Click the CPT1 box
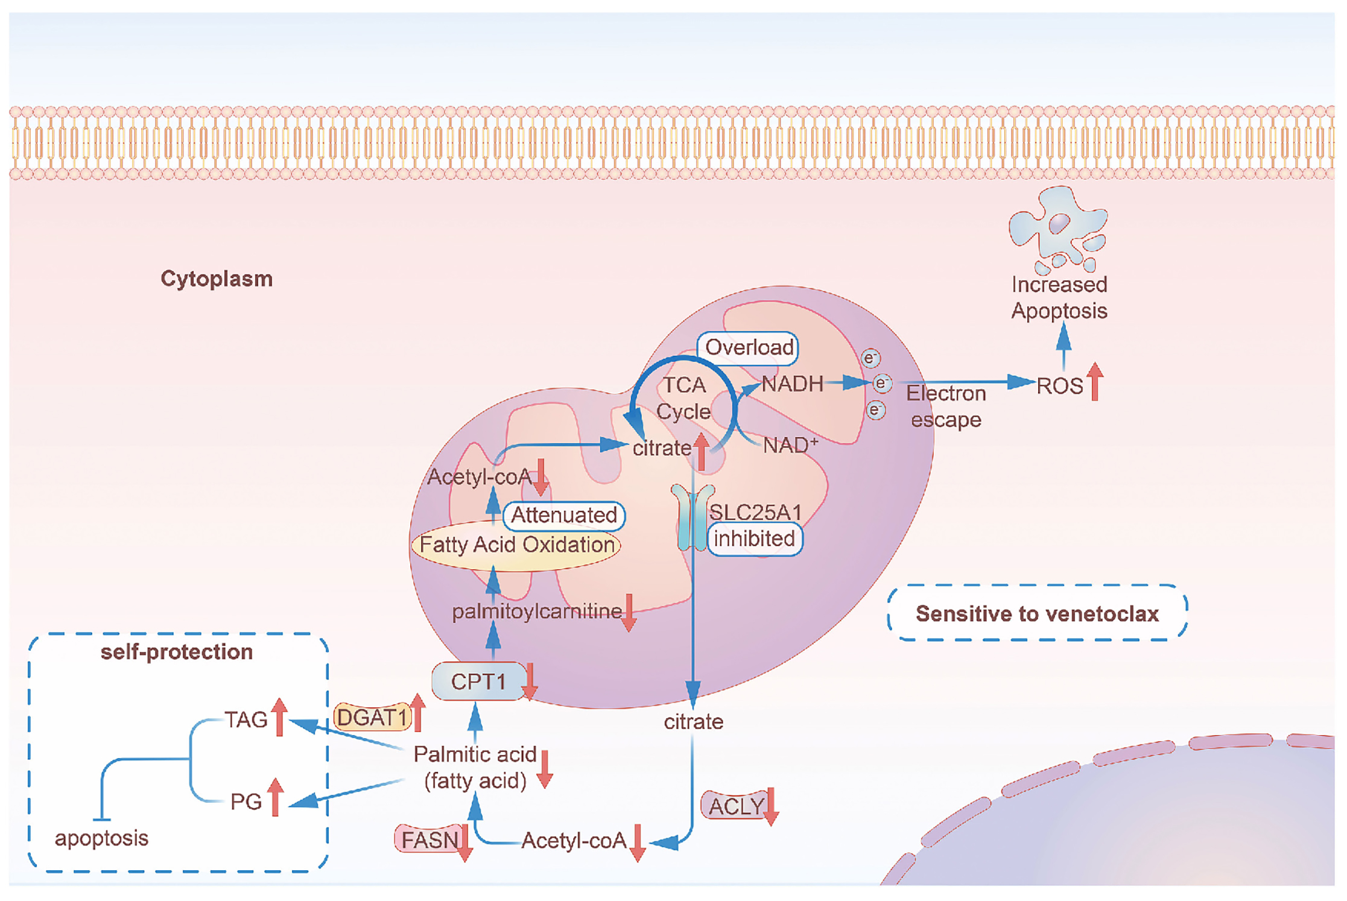[x=478, y=681]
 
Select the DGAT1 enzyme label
[x=372, y=718]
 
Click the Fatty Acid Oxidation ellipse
[x=516, y=545]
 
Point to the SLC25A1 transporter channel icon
[x=693, y=518]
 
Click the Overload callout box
[x=749, y=348]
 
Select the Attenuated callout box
[x=564, y=516]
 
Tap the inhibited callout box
[x=754, y=539]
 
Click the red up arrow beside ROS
[x=1095, y=382]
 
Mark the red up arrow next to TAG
[x=279, y=717]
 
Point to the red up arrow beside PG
[x=275, y=797]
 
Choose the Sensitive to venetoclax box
[x=1037, y=613]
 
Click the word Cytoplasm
[x=217, y=279]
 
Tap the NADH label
[x=792, y=384]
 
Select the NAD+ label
[x=790, y=446]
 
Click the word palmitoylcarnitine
[x=536, y=612]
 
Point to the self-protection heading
[x=177, y=652]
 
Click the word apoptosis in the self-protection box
[x=101, y=838]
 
